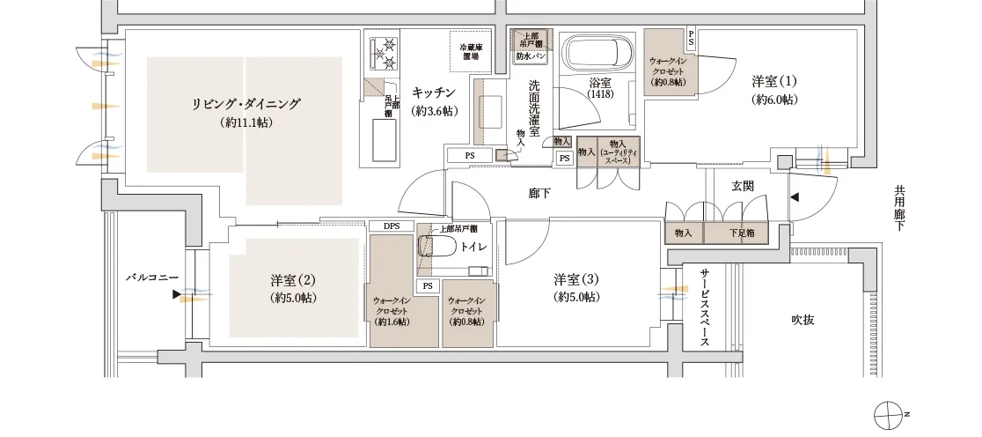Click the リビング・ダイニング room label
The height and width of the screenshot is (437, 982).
click(x=245, y=104)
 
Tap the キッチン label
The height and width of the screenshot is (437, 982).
click(x=434, y=93)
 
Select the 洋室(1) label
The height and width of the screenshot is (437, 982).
click(x=774, y=82)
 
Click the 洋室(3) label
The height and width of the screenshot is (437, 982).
click(x=576, y=280)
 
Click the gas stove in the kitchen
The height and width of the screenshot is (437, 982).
click(x=385, y=52)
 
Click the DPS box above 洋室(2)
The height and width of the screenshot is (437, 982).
click(x=392, y=226)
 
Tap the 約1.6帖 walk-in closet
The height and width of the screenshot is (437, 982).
click(x=391, y=304)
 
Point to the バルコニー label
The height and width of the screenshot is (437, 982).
click(x=151, y=277)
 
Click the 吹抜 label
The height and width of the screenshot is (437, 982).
click(x=802, y=320)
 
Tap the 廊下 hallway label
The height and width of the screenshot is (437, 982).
click(x=539, y=193)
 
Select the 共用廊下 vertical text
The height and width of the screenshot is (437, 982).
click(x=898, y=208)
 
